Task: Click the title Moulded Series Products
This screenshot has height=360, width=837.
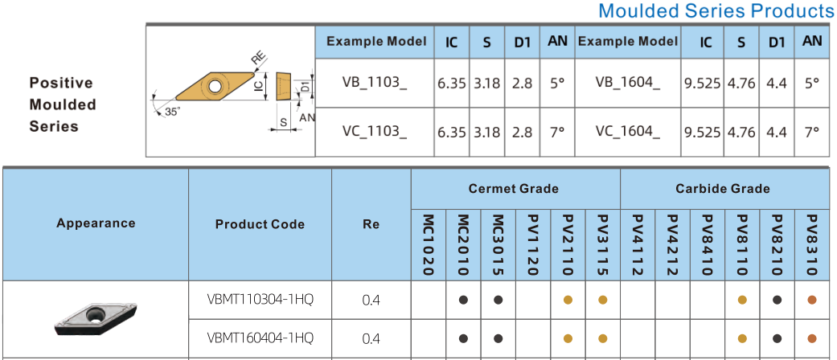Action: tap(716, 10)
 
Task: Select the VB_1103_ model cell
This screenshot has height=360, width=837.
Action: tap(375, 83)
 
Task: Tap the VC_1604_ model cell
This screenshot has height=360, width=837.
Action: tap(627, 132)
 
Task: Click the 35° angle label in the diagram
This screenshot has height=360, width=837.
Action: tap(172, 112)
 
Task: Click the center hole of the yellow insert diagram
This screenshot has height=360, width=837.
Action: tap(215, 86)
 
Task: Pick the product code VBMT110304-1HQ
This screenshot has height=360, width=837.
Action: tap(260, 300)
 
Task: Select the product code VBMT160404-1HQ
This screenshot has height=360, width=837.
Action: tap(260, 337)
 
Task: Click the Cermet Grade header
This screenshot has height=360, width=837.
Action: tap(514, 188)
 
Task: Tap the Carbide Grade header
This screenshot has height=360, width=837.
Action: tap(723, 188)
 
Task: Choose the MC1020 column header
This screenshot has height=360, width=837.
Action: tap(428, 245)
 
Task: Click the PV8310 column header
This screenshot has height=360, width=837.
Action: tap(812, 245)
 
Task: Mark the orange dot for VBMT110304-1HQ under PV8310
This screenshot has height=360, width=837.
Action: tap(812, 301)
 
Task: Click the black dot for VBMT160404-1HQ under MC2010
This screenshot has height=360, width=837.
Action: tap(463, 338)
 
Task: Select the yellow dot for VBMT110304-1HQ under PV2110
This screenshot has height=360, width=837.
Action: tap(568, 301)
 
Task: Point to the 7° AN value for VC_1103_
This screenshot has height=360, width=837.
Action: tap(557, 132)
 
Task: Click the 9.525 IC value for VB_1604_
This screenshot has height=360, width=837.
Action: tap(703, 84)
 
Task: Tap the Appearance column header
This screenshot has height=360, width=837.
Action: tap(96, 223)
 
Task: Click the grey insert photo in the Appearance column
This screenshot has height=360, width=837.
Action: tap(96, 318)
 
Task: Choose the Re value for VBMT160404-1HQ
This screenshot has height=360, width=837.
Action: tap(371, 338)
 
